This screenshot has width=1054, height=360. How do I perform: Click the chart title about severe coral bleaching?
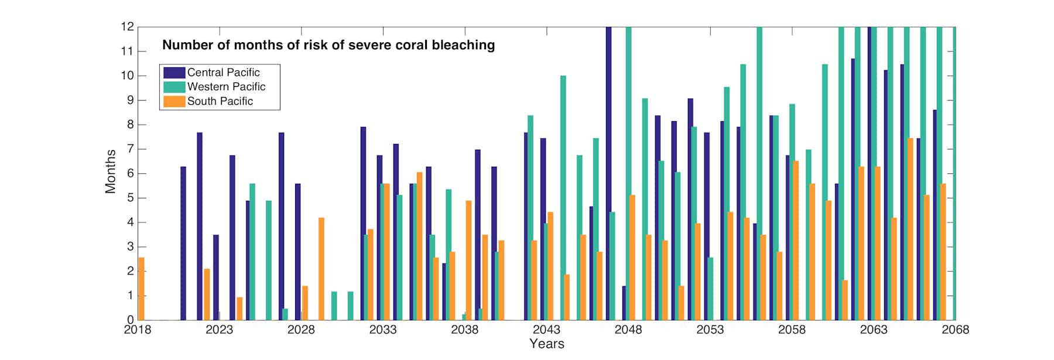(328, 45)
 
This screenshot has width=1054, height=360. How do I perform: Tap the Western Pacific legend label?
(226, 87)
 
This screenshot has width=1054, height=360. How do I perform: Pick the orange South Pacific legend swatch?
(174, 101)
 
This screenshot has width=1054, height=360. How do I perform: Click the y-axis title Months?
(110, 172)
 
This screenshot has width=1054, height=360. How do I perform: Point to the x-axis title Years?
(546, 344)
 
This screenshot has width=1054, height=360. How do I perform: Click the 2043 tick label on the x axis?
(546, 330)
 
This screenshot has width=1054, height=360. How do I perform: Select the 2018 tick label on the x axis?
(138, 330)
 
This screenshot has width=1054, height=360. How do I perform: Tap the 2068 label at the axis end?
(954, 330)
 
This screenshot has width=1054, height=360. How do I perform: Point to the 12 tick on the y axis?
(127, 27)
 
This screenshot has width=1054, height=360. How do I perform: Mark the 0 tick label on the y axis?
(130, 320)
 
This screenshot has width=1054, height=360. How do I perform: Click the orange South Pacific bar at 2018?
(141, 289)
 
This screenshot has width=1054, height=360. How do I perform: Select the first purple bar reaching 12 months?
(608, 173)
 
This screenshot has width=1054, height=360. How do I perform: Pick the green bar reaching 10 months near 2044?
(563, 198)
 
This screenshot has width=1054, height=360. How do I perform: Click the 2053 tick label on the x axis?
(710, 330)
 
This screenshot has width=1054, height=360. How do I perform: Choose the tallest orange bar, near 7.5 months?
(910, 229)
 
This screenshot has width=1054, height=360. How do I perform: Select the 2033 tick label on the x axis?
(382, 330)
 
